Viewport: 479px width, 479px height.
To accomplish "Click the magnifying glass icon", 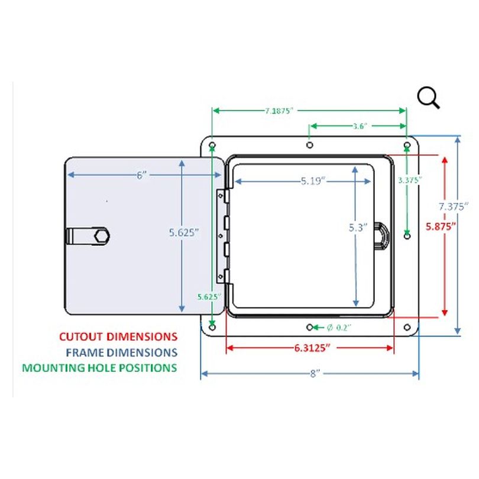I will [x=428, y=97].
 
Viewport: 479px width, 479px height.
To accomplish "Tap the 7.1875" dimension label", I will [x=279, y=111].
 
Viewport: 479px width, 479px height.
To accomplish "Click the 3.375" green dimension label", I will [x=409, y=180].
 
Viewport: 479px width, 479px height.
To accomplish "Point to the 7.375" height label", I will [x=454, y=206].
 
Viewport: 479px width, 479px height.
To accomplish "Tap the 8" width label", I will [x=313, y=374].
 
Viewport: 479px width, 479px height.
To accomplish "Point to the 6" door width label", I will [x=141, y=175].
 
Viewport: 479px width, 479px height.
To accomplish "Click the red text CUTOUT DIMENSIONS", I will [x=118, y=336].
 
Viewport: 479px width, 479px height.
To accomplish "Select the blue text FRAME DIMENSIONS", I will [x=122, y=352].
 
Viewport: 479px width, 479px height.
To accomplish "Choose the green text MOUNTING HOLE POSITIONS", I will [x=99, y=367].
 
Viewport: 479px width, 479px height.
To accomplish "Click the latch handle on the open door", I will [x=89, y=236].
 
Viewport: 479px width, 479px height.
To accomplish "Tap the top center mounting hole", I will [x=309, y=145].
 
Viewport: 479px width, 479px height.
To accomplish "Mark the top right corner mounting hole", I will [x=407, y=145].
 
